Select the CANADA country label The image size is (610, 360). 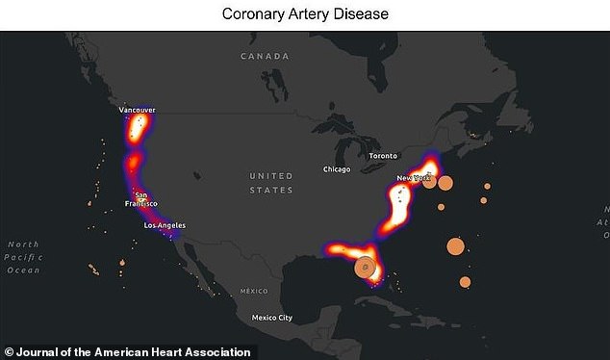click(266, 57)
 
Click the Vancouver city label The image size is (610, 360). click(137, 111)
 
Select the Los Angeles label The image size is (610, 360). click(164, 225)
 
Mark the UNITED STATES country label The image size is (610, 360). click(270, 183)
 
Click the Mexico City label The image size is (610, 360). click(270, 318)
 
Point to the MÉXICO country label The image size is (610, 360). click(254, 290)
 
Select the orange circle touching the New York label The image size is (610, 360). click(430, 180)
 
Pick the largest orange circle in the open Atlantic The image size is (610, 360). click(456, 246)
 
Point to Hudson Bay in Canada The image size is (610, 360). click(327, 91)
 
